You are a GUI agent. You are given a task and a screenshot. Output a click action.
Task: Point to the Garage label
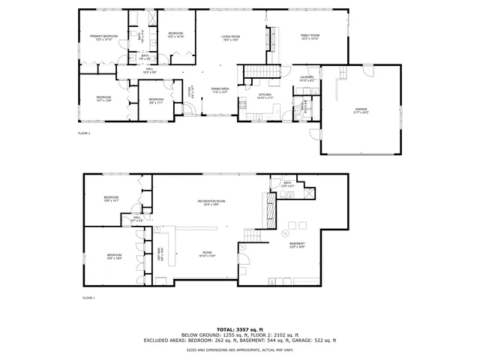pos(361,111)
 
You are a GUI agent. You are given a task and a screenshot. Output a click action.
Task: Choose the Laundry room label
pos(306,78)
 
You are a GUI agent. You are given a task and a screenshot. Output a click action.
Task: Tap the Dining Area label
pos(220,90)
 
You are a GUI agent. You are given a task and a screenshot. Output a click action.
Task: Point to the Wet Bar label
pos(160,255)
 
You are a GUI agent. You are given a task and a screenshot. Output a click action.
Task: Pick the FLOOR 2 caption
pos(84,133)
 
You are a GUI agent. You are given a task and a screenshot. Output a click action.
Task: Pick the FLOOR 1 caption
pos(88,298)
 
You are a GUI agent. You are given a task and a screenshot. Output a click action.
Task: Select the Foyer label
pos(190,92)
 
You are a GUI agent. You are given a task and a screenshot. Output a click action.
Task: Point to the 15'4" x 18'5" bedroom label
pos(114,256)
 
